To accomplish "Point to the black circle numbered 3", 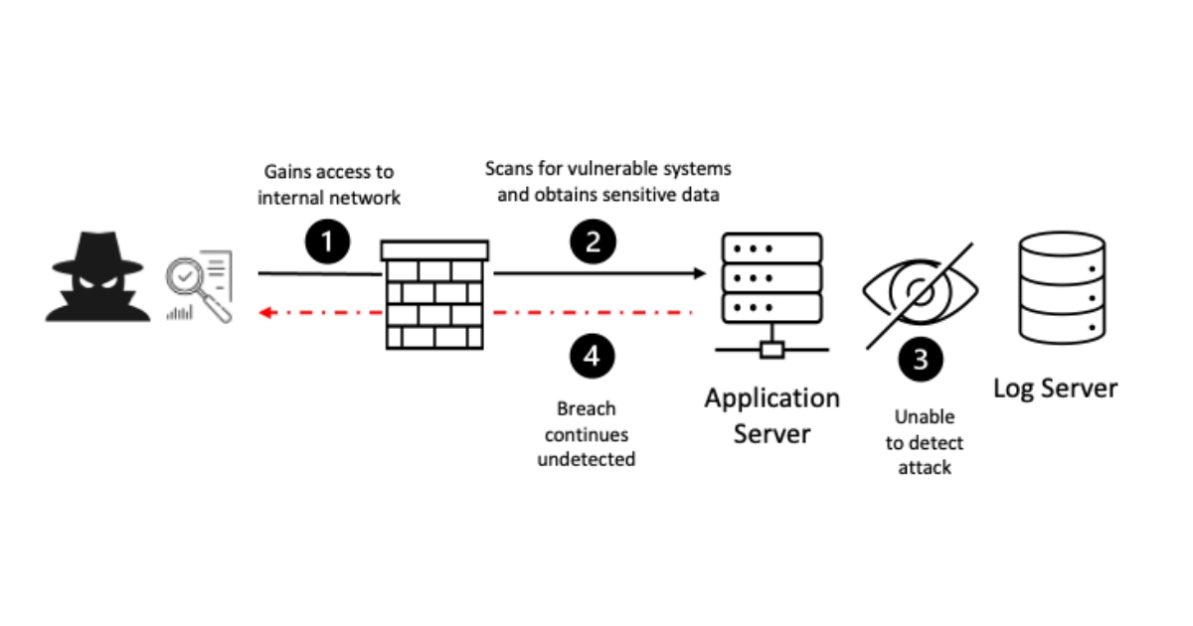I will pyautogui.click(x=921, y=359).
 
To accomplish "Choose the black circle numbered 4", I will pyautogui.click(x=593, y=355).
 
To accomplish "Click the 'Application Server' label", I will pyautogui.click(x=772, y=415).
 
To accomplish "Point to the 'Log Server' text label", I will pyautogui.click(x=1055, y=388).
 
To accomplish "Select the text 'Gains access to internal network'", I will pyautogui.click(x=329, y=185).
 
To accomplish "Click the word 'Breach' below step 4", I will pyautogui.click(x=586, y=408).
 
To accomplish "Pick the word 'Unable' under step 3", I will pyautogui.click(x=924, y=417).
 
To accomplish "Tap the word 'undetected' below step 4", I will pyautogui.click(x=586, y=460).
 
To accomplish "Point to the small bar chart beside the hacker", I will pyautogui.click(x=180, y=313).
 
